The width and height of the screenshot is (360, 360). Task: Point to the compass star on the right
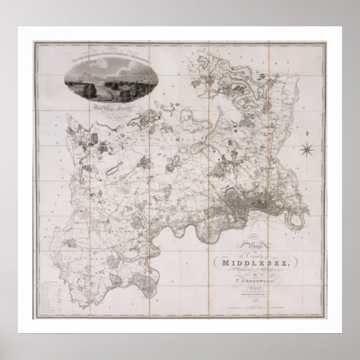pyautogui.click(x=307, y=149)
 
